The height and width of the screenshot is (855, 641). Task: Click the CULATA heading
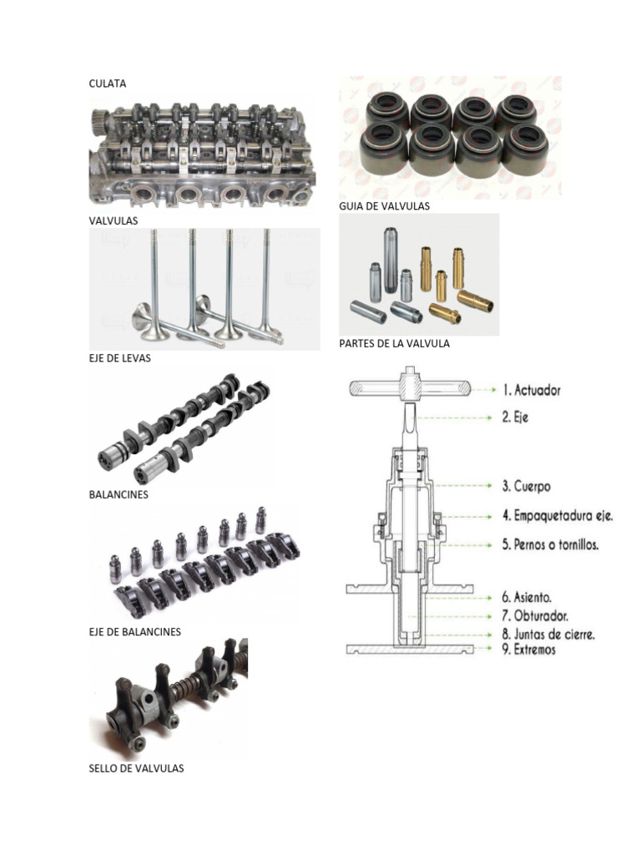click(x=108, y=83)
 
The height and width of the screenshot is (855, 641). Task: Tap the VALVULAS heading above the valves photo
click(x=114, y=220)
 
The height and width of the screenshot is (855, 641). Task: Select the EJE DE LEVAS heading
click(x=120, y=358)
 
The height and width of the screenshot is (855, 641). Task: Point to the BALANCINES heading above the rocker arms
click(x=119, y=494)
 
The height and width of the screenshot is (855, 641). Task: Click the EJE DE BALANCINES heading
click(x=134, y=632)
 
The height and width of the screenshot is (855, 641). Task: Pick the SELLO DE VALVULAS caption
click(x=136, y=768)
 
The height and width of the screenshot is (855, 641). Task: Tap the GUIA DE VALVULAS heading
click(x=384, y=206)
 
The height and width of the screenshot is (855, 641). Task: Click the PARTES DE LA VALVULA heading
click(x=394, y=343)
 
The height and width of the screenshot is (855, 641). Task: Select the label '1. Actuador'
click(x=532, y=390)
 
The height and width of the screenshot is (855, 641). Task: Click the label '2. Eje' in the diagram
click(x=515, y=417)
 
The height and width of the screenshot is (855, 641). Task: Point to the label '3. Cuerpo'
click(x=526, y=486)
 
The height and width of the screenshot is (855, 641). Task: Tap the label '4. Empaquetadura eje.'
click(x=558, y=516)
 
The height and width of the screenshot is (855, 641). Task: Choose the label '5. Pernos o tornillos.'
click(x=551, y=544)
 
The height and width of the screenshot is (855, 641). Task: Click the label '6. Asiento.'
click(x=527, y=598)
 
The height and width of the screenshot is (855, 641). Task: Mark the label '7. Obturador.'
click(x=535, y=616)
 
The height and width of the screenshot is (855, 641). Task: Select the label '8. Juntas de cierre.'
click(x=548, y=635)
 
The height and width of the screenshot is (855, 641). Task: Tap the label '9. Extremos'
click(x=528, y=650)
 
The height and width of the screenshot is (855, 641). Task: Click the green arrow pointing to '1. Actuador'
click(x=483, y=390)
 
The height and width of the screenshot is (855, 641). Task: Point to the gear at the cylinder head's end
click(x=98, y=117)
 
